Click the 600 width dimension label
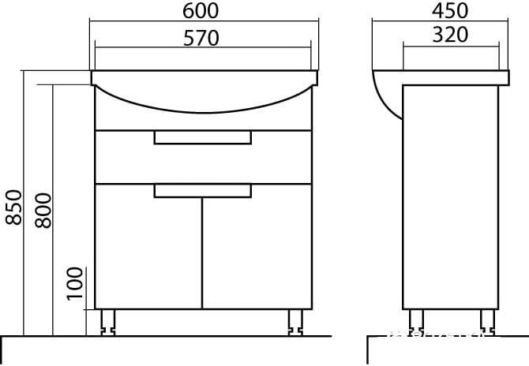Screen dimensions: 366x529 (x=202, y=10)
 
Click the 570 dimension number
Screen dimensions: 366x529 (x=202, y=37)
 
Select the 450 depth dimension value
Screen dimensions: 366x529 (x=450, y=10)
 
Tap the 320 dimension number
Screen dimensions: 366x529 (x=450, y=35)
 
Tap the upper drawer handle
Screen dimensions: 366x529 (x=202, y=138)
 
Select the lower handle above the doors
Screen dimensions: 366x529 (x=202, y=189)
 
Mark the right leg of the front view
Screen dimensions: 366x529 (x=297, y=319)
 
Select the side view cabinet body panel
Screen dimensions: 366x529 (x=450, y=197)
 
